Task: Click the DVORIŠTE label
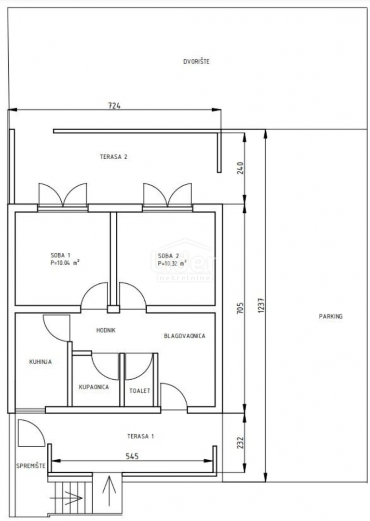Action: pyautogui.click(x=196, y=62)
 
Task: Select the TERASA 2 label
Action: pyautogui.click(x=113, y=157)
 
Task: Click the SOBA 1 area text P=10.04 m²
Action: pyautogui.click(x=65, y=263)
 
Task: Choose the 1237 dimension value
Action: pyautogui.click(x=261, y=305)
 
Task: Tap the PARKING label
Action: pyautogui.click(x=330, y=316)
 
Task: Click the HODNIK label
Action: pyautogui.click(x=106, y=330)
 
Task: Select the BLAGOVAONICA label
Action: pyautogui.click(x=185, y=336)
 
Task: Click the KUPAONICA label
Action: pyautogui.click(x=94, y=387)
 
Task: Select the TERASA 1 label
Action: pyautogui.click(x=140, y=436)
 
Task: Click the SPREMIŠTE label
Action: pyautogui.click(x=31, y=466)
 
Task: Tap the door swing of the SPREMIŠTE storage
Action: pyautogui.click(x=30, y=433)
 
